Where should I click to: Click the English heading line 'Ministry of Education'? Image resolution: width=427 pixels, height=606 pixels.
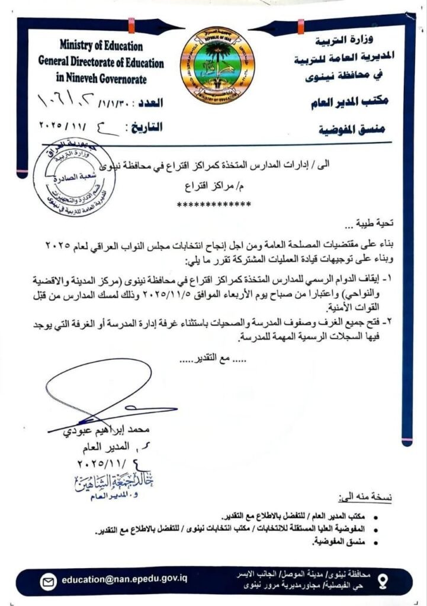[101, 46]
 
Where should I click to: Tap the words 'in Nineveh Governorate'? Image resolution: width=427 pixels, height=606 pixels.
[101, 78]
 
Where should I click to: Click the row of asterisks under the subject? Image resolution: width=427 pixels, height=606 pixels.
[214, 205]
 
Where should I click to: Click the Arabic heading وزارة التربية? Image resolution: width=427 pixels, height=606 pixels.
[351, 43]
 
